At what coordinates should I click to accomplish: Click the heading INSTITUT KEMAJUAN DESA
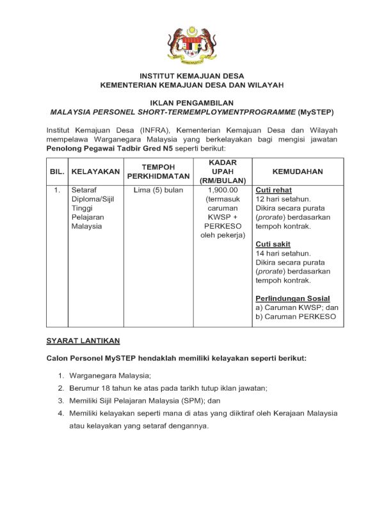coord(191,76)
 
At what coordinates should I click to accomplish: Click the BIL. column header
coord(57,172)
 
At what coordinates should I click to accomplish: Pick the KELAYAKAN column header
coord(95,172)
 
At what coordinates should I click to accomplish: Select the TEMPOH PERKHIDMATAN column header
coord(158,172)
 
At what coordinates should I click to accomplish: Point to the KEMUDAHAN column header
coord(298,172)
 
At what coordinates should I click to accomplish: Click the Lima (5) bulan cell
coord(158,190)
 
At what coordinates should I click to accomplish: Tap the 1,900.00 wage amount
coord(223,190)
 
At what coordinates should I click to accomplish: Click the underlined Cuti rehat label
coord(273,190)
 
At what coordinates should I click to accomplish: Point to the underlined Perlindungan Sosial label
coord(292,298)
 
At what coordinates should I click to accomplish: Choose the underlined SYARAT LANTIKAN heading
coord(83,340)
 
